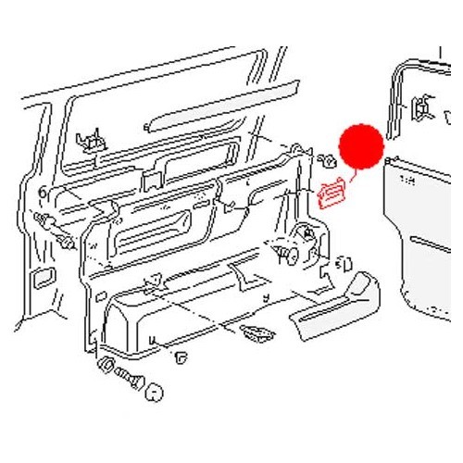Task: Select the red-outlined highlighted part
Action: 330,193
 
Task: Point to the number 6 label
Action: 44,191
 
